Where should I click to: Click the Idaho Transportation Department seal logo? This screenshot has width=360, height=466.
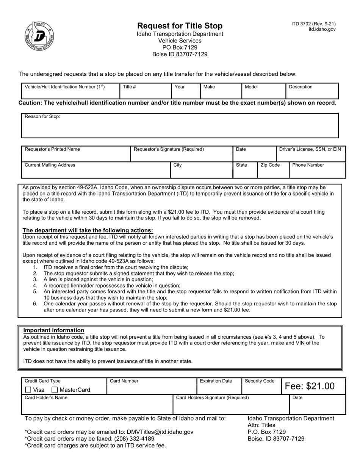[39, 36]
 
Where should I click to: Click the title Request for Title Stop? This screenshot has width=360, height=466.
[180, 26]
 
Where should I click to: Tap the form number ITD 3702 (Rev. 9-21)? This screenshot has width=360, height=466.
[313, 23]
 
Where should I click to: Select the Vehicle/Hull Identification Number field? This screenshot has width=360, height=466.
[70, 91]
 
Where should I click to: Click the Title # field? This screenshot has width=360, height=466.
[146, 91]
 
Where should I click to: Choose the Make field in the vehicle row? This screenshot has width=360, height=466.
[221, 91]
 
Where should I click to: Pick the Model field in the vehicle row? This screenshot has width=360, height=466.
[263, 91]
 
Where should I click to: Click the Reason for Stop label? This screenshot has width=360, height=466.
[42, 117]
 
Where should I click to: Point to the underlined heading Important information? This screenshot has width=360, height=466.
[54, 330]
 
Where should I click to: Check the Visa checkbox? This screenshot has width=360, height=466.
[28, 389]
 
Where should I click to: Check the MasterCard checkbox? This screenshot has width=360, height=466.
[55, 389]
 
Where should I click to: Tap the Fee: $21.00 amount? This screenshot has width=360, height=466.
[310, 386]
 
